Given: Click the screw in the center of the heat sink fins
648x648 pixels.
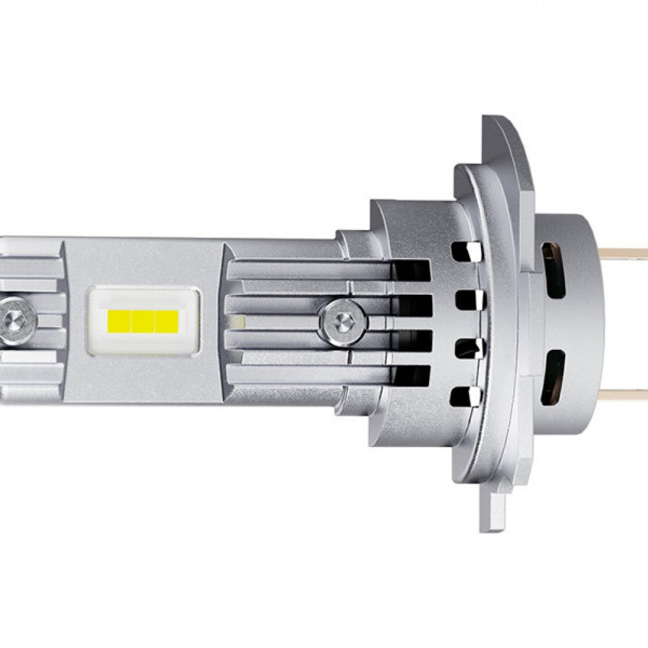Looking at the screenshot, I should [x=343, y=319].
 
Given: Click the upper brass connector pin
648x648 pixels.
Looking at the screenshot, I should [x=625, y=251].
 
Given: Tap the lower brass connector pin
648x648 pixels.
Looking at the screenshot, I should [x=625, y=394].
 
